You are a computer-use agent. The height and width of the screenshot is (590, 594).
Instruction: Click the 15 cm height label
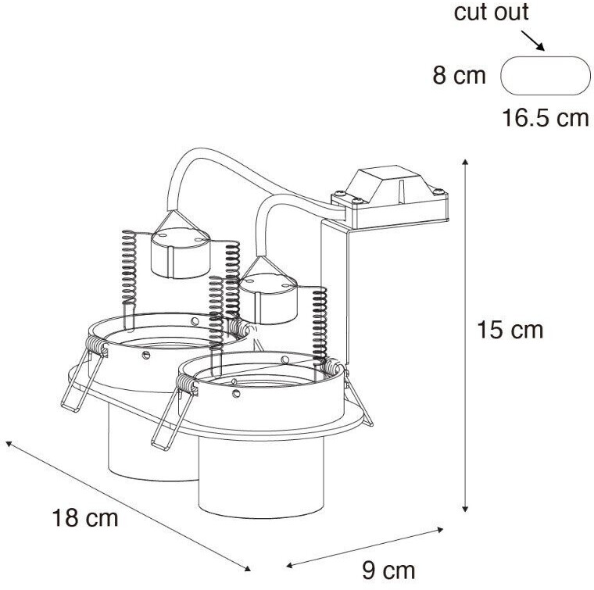point(510,330)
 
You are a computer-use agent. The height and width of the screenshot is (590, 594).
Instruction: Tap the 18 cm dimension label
point(85,517)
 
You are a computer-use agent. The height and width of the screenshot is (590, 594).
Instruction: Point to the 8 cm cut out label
point(459,77)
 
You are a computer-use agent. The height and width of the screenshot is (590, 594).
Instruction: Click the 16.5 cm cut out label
point(545,119)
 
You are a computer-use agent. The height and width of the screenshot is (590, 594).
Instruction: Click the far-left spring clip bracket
point(83,383)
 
